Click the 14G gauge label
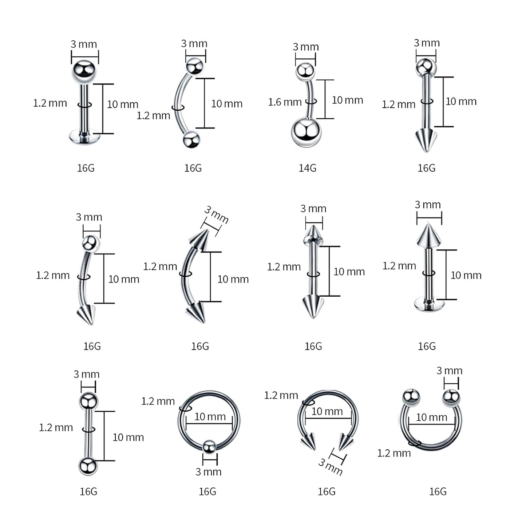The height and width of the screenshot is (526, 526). pyautogui.click(x=308, y=168)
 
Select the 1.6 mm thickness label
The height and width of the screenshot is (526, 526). pyautogui.click(x=285, y=102)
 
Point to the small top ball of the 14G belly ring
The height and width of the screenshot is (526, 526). pyautogui.click(x=305, y=71)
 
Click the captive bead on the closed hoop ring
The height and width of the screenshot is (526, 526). pyautogui.click(x=209, y=447)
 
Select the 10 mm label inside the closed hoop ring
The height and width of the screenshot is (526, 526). pyautogui.click(x=210, y=416)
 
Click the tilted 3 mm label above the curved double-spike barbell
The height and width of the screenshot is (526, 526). pyautogui.click(x=216, y=215)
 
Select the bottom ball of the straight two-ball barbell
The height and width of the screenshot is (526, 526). pyautogui.click(x=88, y=466)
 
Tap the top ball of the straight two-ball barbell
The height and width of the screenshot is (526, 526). pyautogui.click(x=88, y=401)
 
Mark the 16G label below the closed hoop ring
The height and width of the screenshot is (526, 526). pyautogui.click(x=207, y=491)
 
